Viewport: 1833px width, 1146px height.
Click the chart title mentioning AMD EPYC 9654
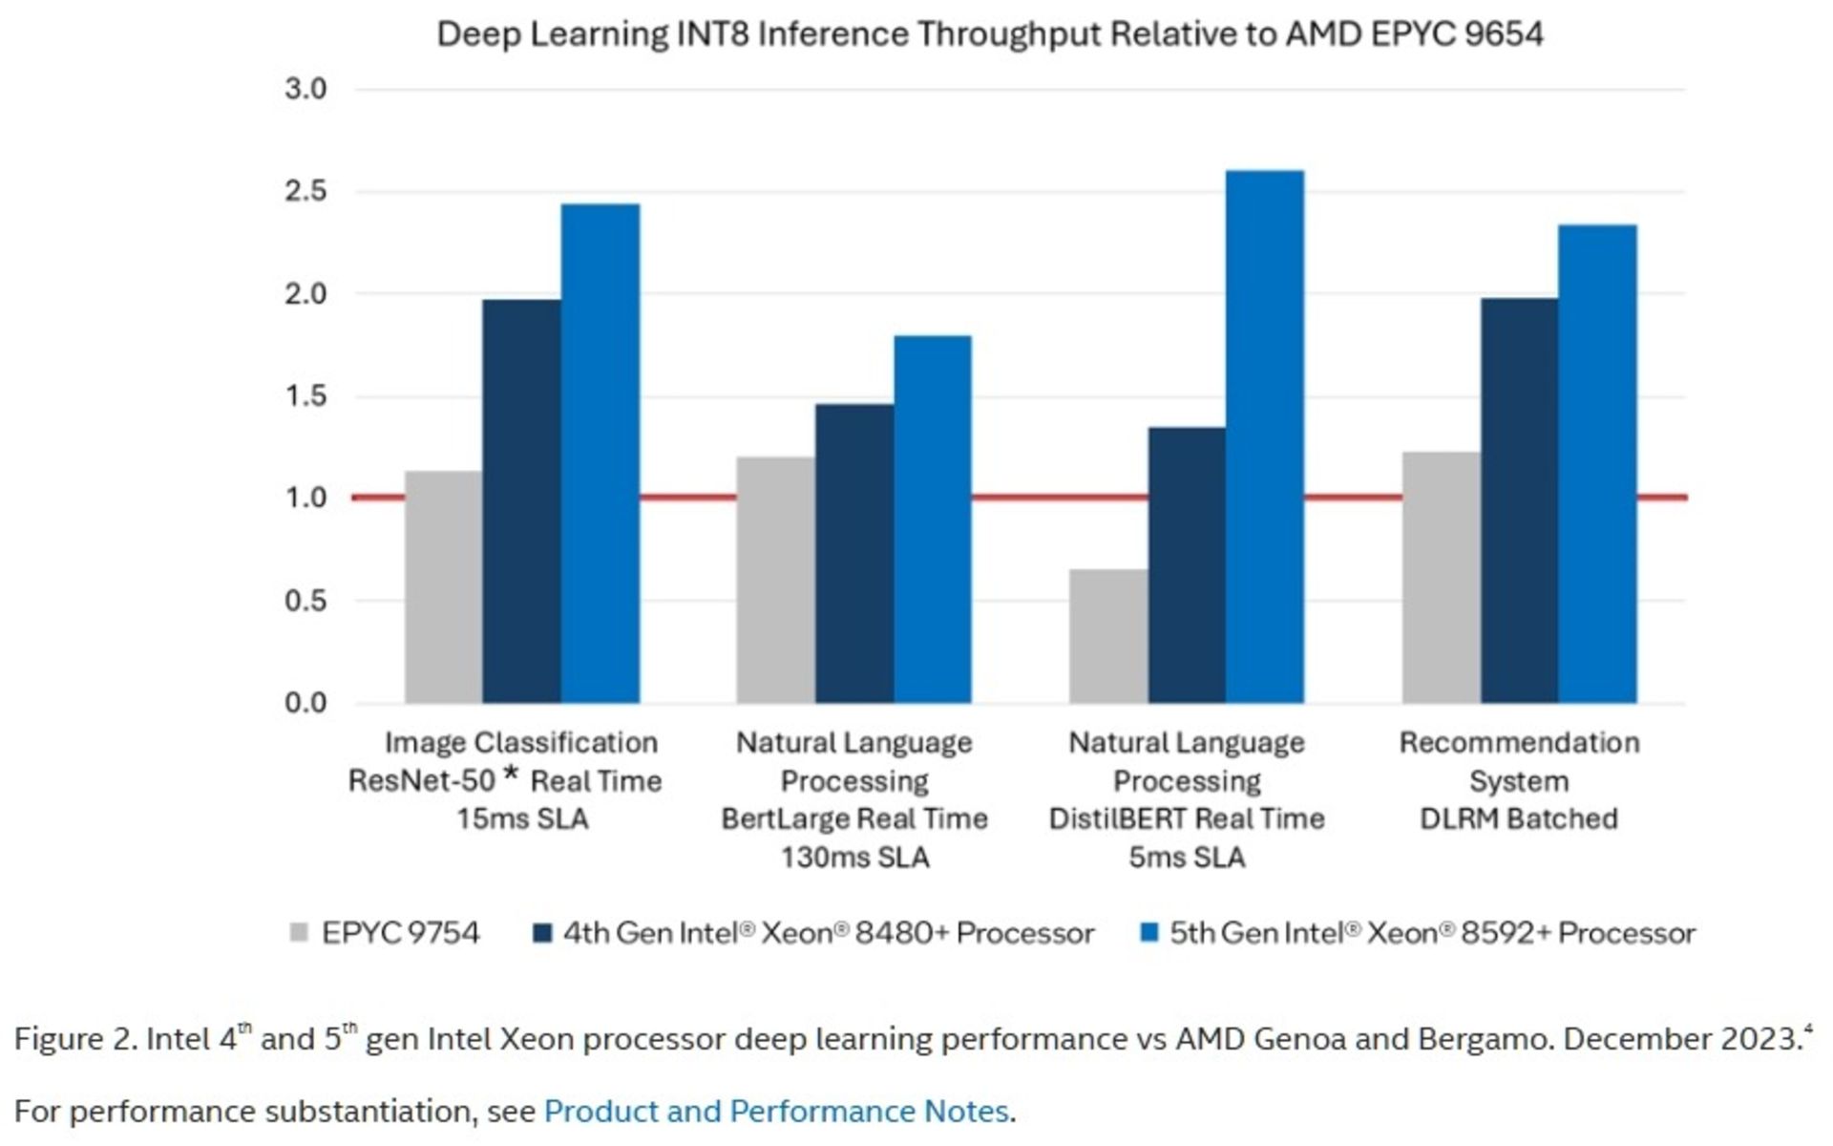point(989,34)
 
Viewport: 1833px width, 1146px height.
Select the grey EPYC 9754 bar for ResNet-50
point(443,586)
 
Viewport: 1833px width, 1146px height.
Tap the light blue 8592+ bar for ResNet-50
point(600,454)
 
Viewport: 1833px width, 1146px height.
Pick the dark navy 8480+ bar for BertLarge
point(854,554)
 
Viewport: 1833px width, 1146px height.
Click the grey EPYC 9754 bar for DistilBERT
point(1107,636)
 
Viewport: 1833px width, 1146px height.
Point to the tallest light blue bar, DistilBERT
point(1264,436)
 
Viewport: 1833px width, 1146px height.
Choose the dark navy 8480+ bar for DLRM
point(1519,501)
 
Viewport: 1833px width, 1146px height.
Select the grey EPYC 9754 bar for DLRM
point(1441,578)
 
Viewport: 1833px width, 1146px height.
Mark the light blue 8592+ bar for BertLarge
point(933,520)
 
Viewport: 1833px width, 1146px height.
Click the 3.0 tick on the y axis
point(305,90)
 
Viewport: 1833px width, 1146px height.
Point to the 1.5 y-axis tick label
point(305,396)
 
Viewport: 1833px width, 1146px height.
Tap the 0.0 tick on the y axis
point(305,704)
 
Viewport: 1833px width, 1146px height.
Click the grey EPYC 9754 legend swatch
point(299,933)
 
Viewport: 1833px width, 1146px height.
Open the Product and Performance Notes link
point(775,1112)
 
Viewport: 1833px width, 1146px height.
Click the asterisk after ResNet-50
point(512,774)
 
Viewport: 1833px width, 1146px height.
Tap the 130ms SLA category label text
point(854,858)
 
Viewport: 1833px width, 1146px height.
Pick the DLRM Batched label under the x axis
point(1519,819)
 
